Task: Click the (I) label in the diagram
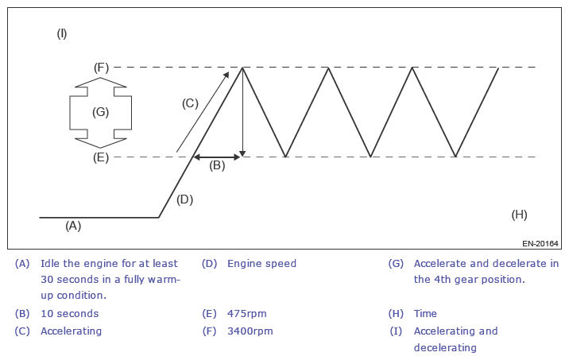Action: (62, 33)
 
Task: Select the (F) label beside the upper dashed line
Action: (101, 68)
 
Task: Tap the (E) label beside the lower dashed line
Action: (101, 157)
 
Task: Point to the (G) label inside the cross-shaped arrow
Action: (100, 112)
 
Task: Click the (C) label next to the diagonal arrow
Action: (190, 103)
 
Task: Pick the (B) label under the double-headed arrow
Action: (217, 166)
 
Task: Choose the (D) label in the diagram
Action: (184, 199)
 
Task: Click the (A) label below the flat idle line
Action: (73, 226)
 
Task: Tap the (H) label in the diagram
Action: (519, 215)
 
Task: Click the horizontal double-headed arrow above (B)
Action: (217, 157)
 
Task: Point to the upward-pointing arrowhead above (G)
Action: (100, 81)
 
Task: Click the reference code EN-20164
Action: (540, 243)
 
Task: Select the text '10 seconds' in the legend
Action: (70, 313)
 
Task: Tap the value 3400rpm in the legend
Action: (250, 331)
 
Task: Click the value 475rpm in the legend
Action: (247, 313)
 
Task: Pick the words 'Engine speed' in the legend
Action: (261, 263)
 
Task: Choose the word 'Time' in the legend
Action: (425, 313)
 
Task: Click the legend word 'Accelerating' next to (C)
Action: (71, 331)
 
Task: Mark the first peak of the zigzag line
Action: (243, 68)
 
